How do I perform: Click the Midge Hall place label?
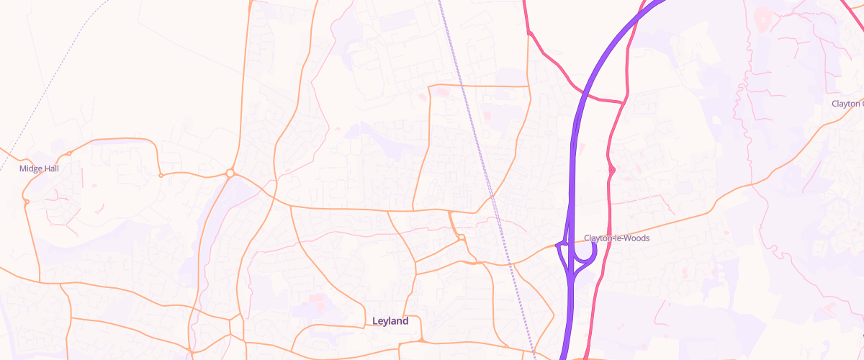coord(39,168)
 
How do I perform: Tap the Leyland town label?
coord(390,321)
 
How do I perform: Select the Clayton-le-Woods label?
coord(616,238)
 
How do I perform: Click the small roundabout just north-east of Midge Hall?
coord(69,153)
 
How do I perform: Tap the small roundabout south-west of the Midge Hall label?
coord(27,202)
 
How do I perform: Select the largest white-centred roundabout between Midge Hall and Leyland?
coord(230,173)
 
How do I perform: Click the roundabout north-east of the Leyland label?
coord(461,238)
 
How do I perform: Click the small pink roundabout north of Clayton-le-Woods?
coord(611,170)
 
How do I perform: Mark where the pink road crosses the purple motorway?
coord(580,94)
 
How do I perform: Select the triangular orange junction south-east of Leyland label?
coord(421,339)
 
